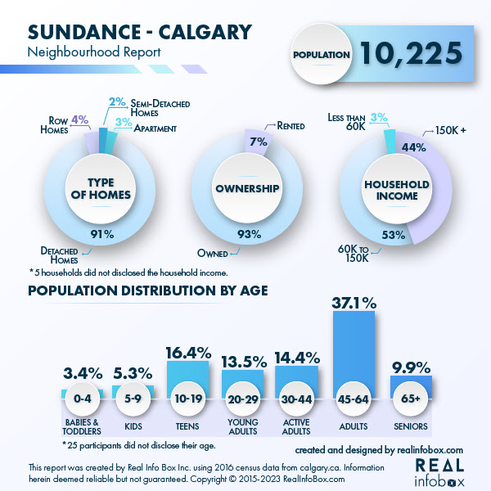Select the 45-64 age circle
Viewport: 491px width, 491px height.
coord(354,399)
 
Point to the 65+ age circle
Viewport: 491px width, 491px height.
coord(411,399)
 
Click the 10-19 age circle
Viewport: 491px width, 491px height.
coord(190,399)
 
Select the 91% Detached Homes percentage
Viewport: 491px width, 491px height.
coord(102,235)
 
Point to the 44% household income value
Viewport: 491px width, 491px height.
coord(413,148)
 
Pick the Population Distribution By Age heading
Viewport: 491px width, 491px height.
coord(148,291)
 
